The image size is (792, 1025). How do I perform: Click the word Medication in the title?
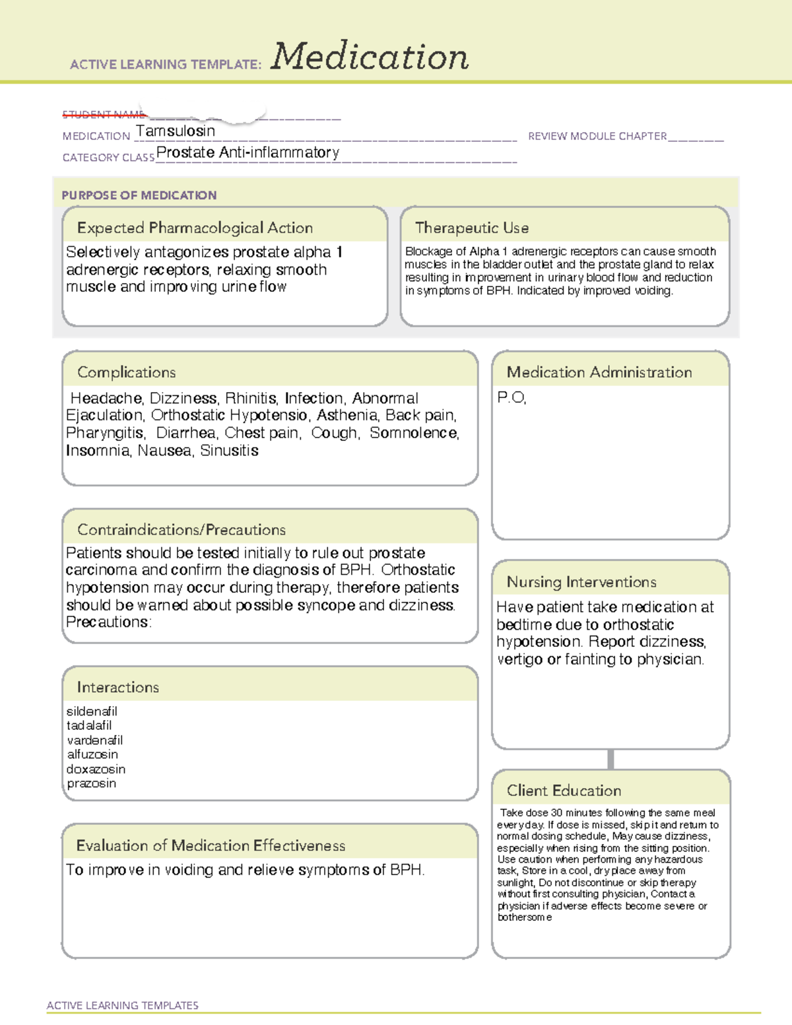(369, 57)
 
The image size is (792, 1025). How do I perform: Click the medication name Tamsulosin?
(176, 131)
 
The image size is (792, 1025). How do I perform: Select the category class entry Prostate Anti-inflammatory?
(247, 152)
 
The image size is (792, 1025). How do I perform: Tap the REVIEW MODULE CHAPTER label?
(597, 136)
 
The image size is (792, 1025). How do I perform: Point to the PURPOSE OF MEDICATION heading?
(139, 195)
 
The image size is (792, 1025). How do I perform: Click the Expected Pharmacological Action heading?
(195, 228)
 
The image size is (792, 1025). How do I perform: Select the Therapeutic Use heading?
(471, 228)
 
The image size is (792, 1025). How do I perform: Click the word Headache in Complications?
(106, 399)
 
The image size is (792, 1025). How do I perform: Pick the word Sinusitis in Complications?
(229, 451)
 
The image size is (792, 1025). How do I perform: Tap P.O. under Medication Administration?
(511, 398)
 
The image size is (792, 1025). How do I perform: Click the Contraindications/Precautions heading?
(181, 530)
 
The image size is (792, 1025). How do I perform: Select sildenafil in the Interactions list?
(92, 711)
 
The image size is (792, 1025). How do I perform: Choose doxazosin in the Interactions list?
(96, 770)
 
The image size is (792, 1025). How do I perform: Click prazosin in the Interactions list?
(91, 783)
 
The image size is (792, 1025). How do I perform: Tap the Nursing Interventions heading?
(581, 582)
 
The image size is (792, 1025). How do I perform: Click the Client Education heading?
(564, 791)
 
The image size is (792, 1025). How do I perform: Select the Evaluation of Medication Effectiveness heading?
(211, 845)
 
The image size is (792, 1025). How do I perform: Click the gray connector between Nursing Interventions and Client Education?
(610, 759)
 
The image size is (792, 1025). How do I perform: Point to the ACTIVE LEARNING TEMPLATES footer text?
(123, 1005)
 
